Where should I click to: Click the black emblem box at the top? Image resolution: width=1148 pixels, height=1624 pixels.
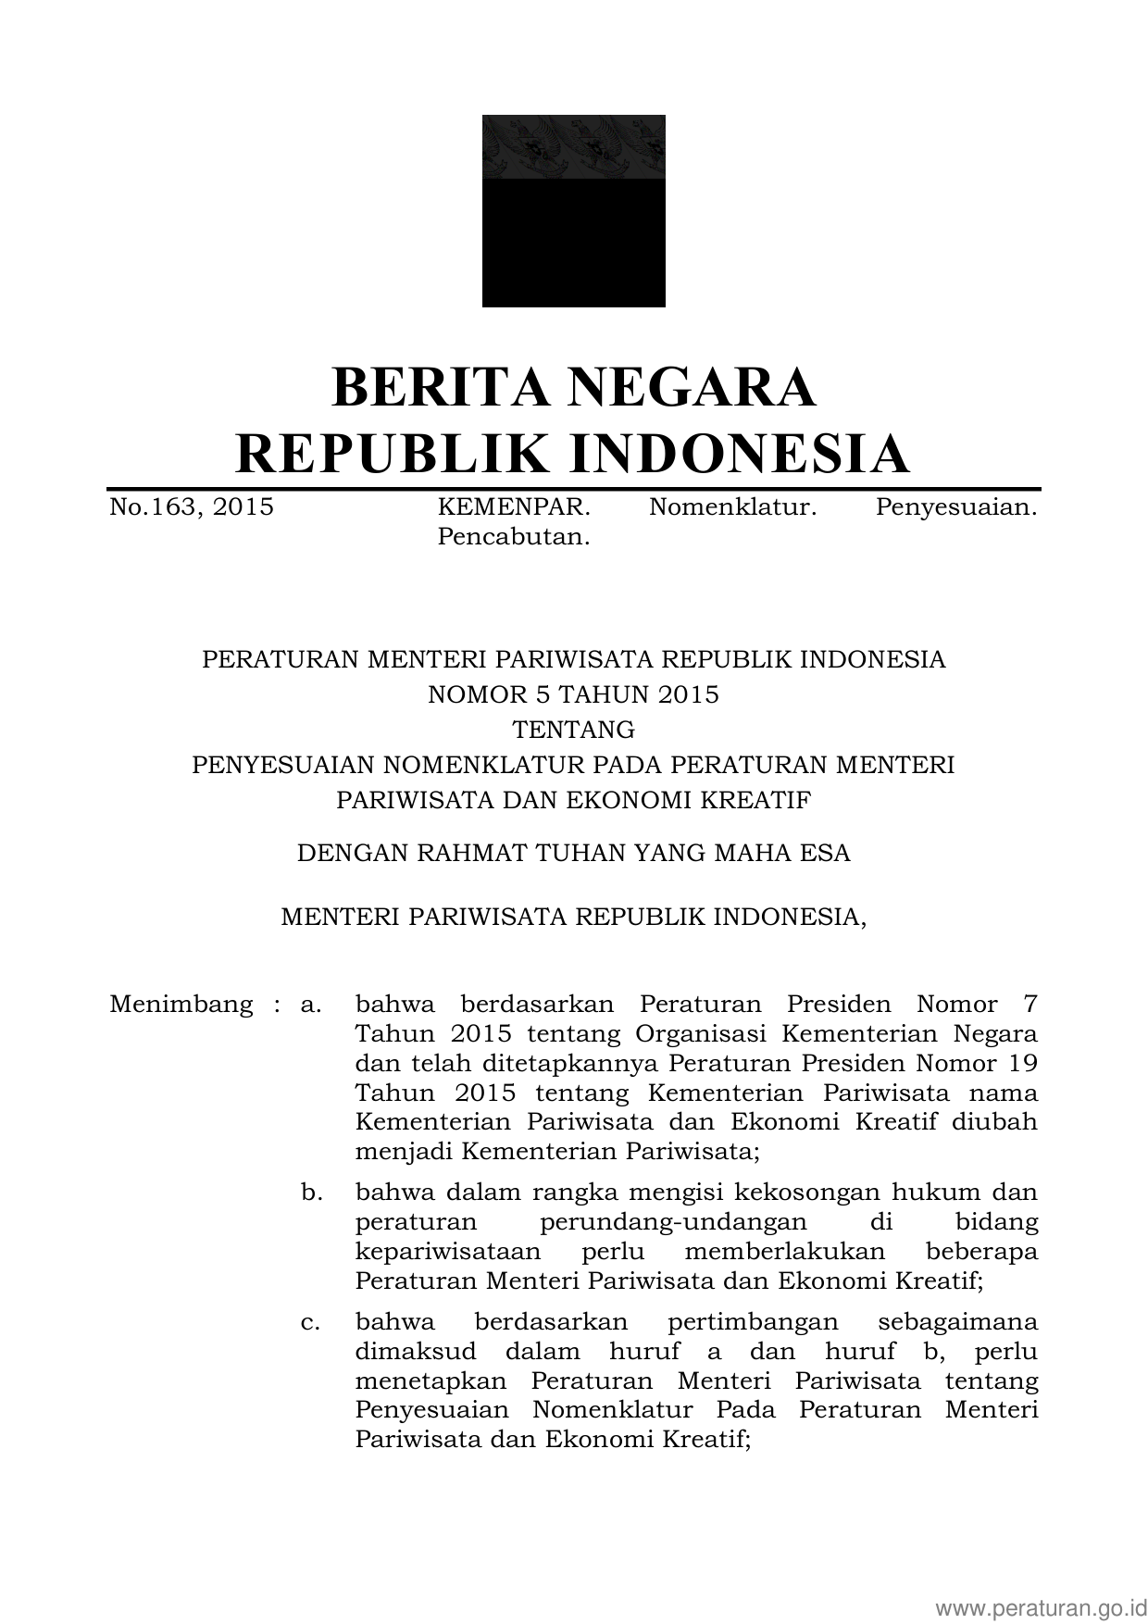pyautogui.click(x=573, y=211)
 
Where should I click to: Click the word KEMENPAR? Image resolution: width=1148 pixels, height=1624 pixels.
pyautogui.click(x=513, y=507)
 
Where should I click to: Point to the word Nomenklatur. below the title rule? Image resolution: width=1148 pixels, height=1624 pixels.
pyautogui.click(x=732, y=507)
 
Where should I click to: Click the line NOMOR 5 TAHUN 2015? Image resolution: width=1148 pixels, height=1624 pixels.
pyautogui.click(x=573, y=694)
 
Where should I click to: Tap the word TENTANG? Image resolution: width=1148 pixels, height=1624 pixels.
pyautogui.click(x=573, y=730)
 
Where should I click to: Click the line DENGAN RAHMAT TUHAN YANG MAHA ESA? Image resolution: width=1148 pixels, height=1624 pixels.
pyautogui.click(x=573, y=853)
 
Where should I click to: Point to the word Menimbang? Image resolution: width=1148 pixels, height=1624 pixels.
pyautogui.click(x=181, y=1005)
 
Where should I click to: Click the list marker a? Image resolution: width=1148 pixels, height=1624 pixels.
pyautogui.click(x=310, y=1005)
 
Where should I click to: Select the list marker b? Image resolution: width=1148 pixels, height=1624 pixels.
pyautogui.click(x=311, y=1193)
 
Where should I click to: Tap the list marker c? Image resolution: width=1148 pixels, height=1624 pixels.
pyautogui.click(x=310, y=1322)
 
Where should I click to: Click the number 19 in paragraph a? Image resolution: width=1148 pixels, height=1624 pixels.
pyautogui.click(x=1019, y=1063)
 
